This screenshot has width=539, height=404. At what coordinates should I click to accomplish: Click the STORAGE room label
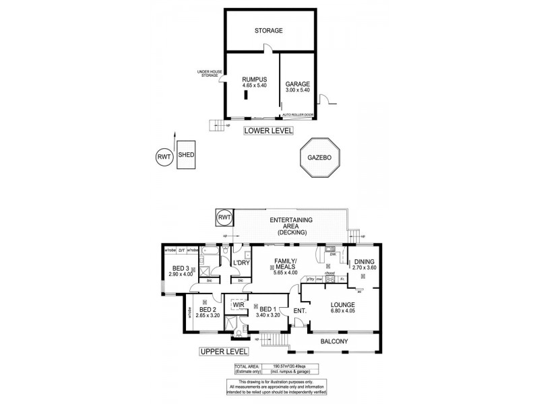click(268, 31)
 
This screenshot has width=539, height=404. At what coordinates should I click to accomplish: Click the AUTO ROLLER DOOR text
click(298, 114)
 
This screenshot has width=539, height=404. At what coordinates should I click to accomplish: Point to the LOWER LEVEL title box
click(268, 130)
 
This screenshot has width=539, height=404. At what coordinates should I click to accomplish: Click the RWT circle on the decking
click(223, 217)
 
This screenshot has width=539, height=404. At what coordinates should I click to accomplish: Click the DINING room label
click(364, 261)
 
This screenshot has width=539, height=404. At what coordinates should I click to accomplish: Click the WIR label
click(236, 304)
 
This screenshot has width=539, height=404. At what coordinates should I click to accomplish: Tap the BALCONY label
click(334, 342)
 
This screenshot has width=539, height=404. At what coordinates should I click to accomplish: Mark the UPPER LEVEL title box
click(223, 351)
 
